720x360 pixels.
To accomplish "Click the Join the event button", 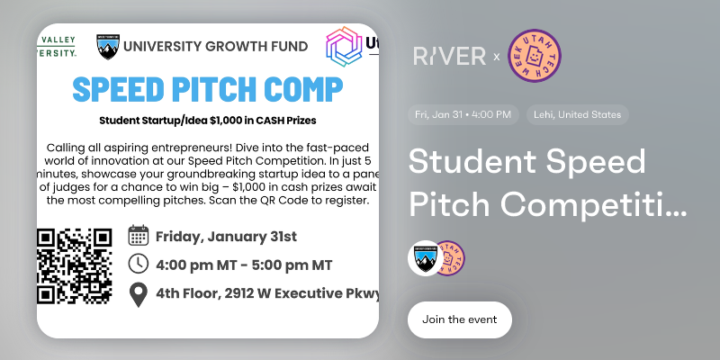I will point(459,319).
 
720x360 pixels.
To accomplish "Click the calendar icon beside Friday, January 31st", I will point(139,237).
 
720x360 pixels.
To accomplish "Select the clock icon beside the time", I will point(139,265).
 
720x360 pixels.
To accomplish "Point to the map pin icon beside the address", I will point(139,293).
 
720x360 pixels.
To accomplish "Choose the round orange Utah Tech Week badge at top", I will point(537,57).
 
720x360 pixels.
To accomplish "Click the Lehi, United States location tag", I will point(579,115).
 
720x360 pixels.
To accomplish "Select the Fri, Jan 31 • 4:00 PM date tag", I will point(463,115).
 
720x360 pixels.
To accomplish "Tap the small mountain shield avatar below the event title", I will point(424,257).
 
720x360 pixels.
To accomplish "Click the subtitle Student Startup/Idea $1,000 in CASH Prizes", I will point(207,119).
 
